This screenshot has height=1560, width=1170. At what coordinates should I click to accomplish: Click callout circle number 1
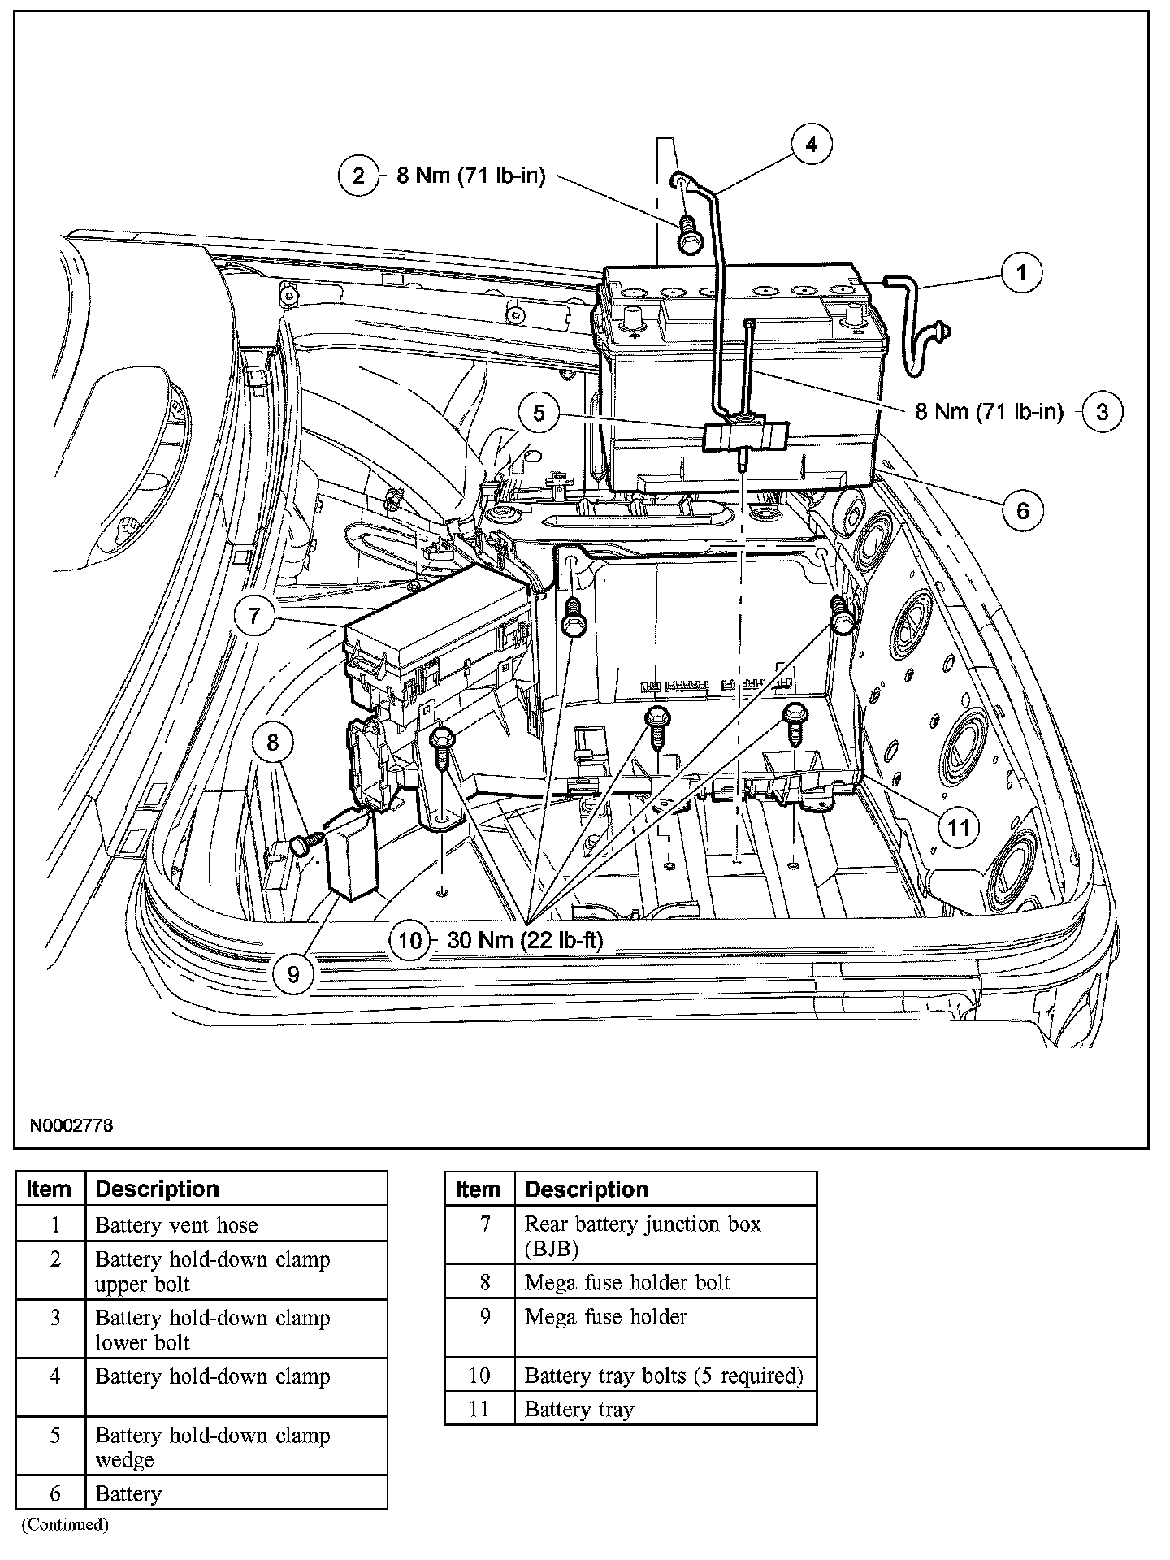click(x=1021, y=272)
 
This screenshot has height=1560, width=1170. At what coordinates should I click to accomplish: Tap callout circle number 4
click(x=812, y=145)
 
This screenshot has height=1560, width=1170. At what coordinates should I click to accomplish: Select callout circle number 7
click(x=255, y=615)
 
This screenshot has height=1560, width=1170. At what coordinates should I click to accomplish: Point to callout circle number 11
click(x=960, y=827)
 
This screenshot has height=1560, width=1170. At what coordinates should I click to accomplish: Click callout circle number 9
click(x=293, y=973)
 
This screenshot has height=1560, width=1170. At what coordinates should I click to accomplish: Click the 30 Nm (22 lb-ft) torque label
click(x=525, y=940)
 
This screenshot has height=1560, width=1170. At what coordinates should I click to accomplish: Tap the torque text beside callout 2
click(x=470, y=175)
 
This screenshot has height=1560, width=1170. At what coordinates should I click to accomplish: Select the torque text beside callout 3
click(x=989, y=411)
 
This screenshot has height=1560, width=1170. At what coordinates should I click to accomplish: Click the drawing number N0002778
click(x=71, y=1125)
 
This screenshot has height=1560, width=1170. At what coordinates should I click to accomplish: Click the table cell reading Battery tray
click(x=578, y=1410)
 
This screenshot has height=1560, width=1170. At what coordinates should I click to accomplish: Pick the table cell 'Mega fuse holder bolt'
click(x=627, y=1282)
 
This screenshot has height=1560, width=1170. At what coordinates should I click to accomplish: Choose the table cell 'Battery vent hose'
click(x=176, y=1224)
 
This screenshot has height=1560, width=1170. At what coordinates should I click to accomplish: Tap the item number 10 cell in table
click(x=479, y=1376)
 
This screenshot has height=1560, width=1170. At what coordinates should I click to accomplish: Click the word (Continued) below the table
click(x=65, y=1523)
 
